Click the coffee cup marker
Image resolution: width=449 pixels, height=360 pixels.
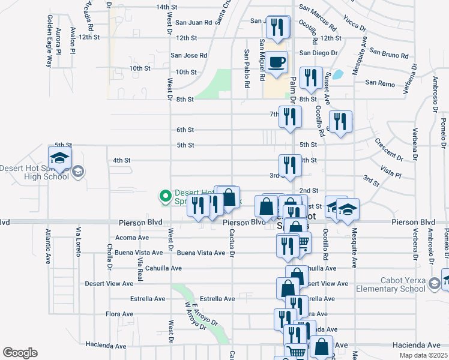(x=276, y=62)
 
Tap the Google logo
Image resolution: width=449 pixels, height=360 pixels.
(x=20, y=352)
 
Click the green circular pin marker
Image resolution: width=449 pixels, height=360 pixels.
(x=165, y=196)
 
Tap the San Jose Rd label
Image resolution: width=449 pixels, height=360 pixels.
(x=188, y=55)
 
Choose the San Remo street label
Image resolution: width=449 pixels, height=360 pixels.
(x=379, y=83)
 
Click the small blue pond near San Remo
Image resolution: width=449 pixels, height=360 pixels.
(x=337, y=75)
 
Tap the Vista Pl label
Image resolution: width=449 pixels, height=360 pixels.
(x=390, y=173)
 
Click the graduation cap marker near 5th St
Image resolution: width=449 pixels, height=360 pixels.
(x=59, y=158)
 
